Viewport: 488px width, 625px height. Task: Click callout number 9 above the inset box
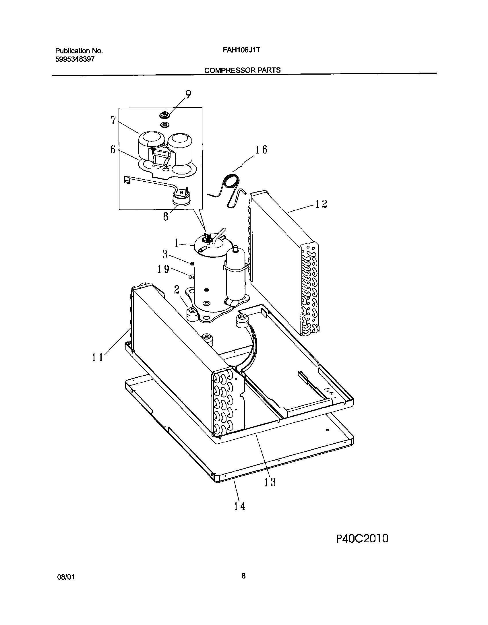tap(188, 94)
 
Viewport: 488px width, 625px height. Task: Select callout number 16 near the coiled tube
tap(261, 150)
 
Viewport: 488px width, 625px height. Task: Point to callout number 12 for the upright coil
tap(321, 204)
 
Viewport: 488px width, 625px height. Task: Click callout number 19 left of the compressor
tap(163, 269)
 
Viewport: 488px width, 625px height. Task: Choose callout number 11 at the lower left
tap(97, 358)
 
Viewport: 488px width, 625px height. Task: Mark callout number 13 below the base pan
tap(270, 482)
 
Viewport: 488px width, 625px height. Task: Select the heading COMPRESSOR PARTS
tap(242, 70)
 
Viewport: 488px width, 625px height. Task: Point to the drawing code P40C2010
tap(362, 539)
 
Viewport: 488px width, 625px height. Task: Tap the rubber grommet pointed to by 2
tap(192, 313)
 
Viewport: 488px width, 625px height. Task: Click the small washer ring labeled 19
tap(191, 277)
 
